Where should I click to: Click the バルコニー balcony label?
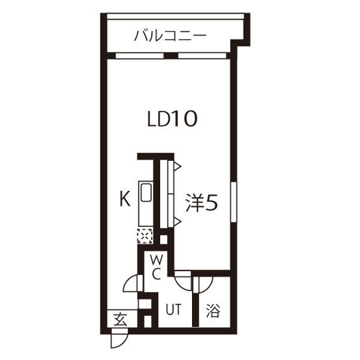click(170, 36)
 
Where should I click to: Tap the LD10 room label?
click(172, 119)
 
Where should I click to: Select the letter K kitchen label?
click(125, 199)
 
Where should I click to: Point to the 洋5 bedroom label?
click(202, 202)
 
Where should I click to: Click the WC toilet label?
click(156, 268)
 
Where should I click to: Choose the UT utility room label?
click(174, 309)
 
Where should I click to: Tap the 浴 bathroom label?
click(213, 311)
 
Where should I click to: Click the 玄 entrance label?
click(120, 319)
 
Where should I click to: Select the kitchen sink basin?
click(146, 193)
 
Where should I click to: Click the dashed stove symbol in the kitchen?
click(145, 236)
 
